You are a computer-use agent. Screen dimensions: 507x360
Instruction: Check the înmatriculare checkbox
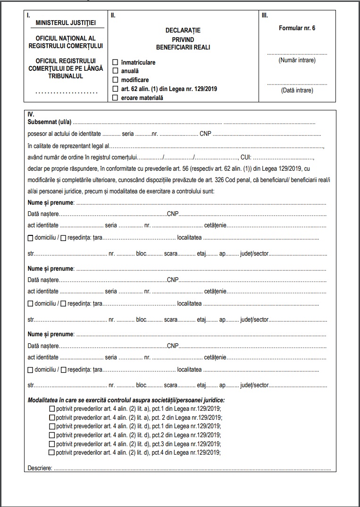tap(115, 62)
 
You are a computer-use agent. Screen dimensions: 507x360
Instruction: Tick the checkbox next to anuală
tap(115, 71)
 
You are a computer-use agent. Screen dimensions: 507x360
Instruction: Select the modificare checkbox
tap(115, 80)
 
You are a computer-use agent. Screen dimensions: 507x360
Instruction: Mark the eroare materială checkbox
tap(115, 98)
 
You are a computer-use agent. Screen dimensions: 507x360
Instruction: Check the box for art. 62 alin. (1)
tap(115, 89)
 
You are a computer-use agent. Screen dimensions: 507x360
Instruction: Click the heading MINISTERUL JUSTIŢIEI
tap(66, 23)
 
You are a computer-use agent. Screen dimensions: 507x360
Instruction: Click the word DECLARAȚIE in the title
tap(183, 31)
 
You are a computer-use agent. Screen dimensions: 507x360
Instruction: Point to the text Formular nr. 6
tap(297, 28)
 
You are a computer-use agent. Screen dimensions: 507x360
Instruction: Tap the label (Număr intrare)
tap(297, 60)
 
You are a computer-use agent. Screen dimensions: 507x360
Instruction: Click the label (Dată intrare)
tap(297, 90)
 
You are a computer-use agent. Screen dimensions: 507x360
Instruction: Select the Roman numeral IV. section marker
tap(31, 115)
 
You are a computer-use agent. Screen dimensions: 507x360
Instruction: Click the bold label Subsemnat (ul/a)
tap(50, 122)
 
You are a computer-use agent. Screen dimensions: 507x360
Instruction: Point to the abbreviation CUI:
tap(246, 157)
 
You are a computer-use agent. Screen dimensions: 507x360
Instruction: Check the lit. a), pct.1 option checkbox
tap(52, 408)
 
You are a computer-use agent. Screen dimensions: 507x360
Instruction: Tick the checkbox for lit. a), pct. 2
tap(52, 417)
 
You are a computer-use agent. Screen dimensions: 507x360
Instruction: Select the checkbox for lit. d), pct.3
tap(52, 444)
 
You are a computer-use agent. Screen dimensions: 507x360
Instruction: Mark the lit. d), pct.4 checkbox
tap(52, 453)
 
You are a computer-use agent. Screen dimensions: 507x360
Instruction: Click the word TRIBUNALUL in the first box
tap(66, 76)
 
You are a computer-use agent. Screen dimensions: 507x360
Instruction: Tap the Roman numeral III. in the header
tap(265, 15)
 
